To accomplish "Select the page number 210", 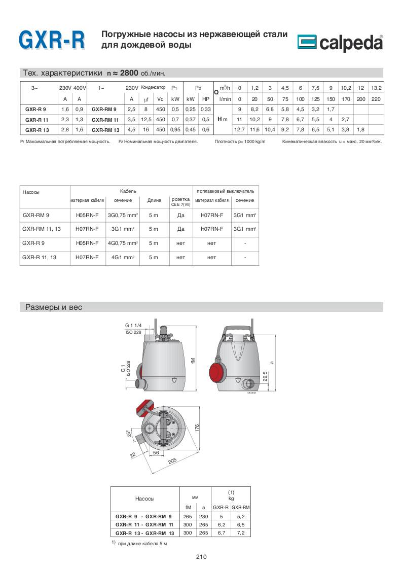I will tap(201, 556).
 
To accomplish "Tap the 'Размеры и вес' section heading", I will tap(50, 307).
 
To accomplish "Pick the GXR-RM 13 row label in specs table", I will tap(105, 129).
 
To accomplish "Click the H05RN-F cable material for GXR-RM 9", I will tap(87, 215).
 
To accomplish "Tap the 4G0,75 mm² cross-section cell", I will tap(123, 243).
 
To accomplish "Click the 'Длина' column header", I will tap(154, 200).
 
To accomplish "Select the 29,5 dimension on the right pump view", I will tap(265, 379).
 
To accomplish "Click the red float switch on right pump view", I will tap(216, 370).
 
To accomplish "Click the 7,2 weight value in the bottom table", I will tap(240, 534).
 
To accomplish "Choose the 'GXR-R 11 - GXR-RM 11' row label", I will tap(144, 525).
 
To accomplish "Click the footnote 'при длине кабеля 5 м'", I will tap(142, 543).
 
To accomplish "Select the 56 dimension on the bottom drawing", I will tap(156, 452).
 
